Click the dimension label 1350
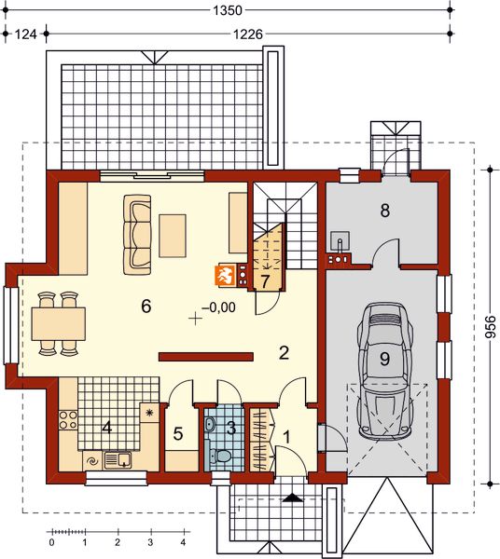(x=228, y=10)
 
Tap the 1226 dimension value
(x=248, y=34)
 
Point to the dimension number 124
(x=25, y=34)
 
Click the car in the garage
(x=386, y=371)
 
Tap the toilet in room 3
(x=220, y=456)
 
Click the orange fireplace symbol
(x=223, y=276)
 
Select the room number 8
(x=384, y=211)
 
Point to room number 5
(x=178, y=434)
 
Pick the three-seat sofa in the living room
(x=137, y=234)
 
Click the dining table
(x=58, y=323)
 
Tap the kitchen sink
(x=118, y=460)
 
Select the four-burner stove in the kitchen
(x=68, y=420)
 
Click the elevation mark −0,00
(x=218, y=307)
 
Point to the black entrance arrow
(x=292, y=498)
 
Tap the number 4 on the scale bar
(x=184, y=542)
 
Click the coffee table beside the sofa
(x=173, y=236)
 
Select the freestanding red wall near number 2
(x=206, y=357)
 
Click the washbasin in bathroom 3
(x=210, y=424)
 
